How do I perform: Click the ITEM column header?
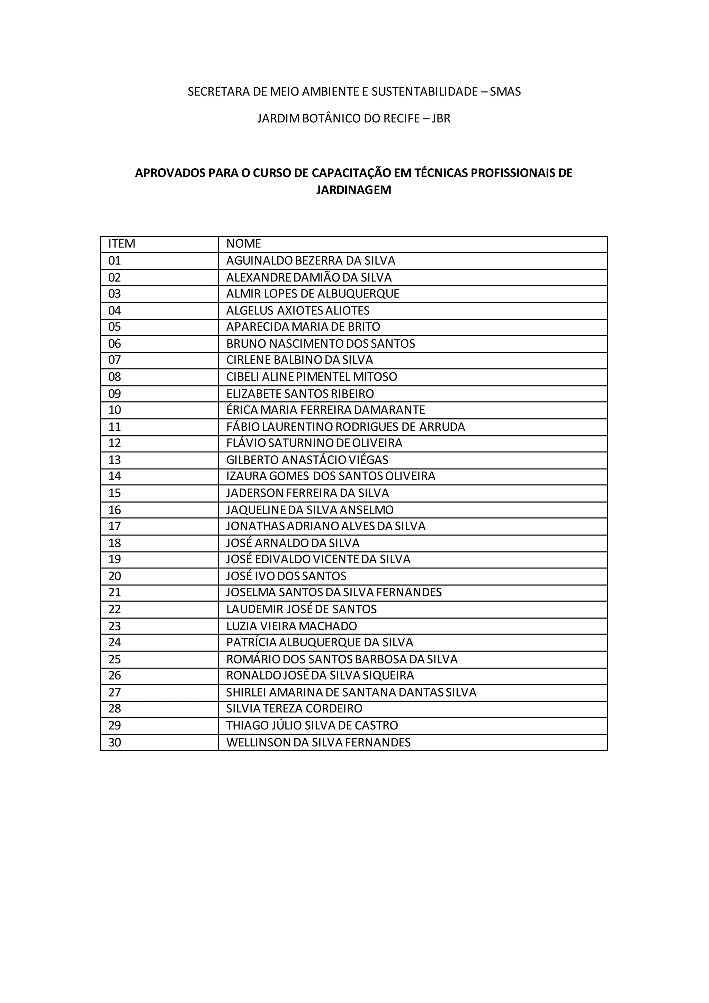pyautogui.click(x=122, y=244)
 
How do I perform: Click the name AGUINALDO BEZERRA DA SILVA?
pyautogui.click(x=311, y=261)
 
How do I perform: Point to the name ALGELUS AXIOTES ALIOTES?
pyautogui.click(x=298, y=311)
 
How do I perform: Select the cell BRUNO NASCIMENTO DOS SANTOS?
pyautogui.click(x=321, y=344)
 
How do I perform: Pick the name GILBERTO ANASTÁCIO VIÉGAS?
pyautogui.click(x=307, y=460)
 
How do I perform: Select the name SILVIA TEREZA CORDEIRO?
pyautogui.click(x=294, y=708)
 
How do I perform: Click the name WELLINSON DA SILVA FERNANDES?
pyautogui.click(x=318, y=742)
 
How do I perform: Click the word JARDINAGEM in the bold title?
pyautogui.click(x=353, y=190)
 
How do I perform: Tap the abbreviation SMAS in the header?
pyautogui.click(x=505, y=92)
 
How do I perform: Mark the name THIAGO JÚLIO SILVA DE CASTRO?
pyautogui.click(x=312, y=725)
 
